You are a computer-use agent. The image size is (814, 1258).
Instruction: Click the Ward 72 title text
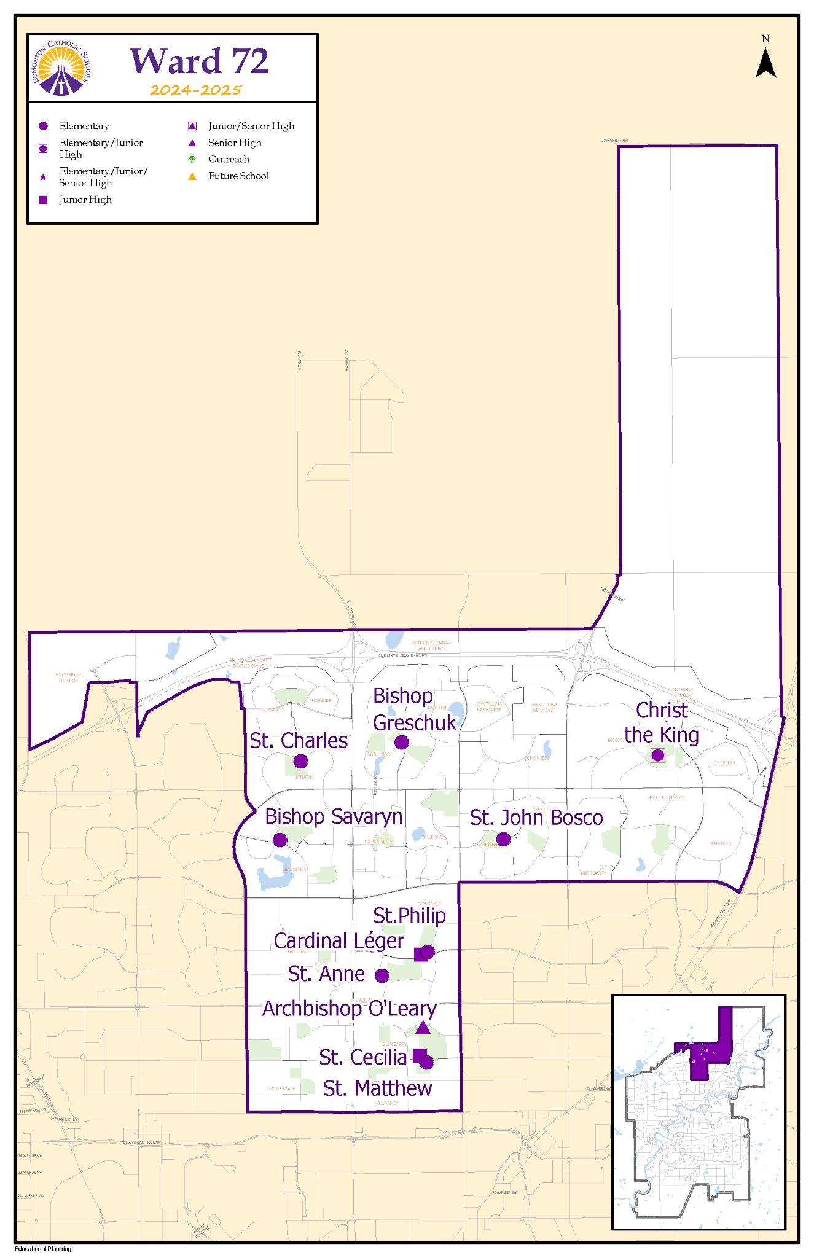(x=200, y=61)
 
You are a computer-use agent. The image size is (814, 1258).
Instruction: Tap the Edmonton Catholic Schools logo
(x=61, y=68)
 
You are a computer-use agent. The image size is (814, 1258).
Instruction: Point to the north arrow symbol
(x=765, y=62)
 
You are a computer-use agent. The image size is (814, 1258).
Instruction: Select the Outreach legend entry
(x=229, y=159)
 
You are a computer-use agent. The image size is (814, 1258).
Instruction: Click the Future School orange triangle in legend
(x=192, y=176)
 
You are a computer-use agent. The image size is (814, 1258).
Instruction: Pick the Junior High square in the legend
(x=43, y=200)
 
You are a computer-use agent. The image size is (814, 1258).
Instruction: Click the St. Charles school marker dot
(x=300, y=762)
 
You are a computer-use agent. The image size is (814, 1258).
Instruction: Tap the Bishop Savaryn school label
(x=334, y=816)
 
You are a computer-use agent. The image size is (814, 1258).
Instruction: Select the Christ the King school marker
(x=658, y=755)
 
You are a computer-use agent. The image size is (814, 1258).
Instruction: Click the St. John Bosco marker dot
(x=503, y=839)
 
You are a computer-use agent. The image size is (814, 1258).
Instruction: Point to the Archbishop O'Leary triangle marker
(x=423, y=1027)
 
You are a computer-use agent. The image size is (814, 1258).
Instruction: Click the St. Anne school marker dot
(x=382, y=975)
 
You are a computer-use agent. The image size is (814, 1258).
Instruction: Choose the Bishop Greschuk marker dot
(x=401, y=742)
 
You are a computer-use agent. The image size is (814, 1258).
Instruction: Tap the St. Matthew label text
(x=377, y=1088)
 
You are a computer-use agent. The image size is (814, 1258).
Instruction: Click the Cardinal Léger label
(x=339, y=941)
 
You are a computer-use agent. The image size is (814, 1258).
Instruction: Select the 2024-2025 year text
(x=196, y=90)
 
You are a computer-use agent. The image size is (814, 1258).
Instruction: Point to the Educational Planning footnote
(x=43, y=1248)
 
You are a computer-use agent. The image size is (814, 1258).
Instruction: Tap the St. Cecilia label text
(x=362, y=1057)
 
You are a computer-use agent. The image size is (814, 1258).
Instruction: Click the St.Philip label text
(x=409, y=915)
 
